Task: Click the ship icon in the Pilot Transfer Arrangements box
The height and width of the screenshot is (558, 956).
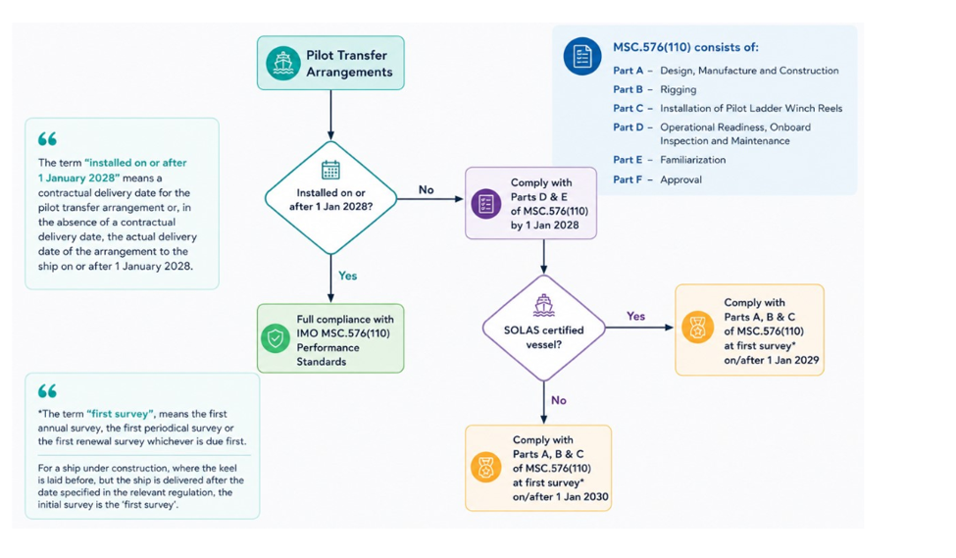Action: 283,64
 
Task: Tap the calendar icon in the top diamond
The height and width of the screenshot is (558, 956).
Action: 330,170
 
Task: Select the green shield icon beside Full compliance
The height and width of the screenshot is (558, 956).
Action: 276,338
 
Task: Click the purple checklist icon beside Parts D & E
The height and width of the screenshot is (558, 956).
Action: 486,204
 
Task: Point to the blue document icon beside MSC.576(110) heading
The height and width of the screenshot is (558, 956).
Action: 582,57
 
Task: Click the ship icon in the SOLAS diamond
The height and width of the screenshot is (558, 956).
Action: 543,305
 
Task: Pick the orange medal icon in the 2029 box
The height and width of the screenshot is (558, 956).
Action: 697,328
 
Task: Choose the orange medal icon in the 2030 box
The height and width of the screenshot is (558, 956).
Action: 486,468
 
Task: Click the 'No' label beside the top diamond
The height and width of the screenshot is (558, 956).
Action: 427,189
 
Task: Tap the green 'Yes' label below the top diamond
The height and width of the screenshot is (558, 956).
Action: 347,276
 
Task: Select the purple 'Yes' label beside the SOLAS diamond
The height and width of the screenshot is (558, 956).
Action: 636,316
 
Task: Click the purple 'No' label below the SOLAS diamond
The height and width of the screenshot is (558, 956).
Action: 559,400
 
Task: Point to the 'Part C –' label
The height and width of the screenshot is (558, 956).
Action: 632,108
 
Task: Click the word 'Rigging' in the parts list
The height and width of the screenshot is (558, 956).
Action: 678,89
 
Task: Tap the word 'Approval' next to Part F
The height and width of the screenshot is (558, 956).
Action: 681,179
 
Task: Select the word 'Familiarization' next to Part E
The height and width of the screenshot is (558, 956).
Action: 692,160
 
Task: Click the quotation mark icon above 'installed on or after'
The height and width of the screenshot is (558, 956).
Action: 47,139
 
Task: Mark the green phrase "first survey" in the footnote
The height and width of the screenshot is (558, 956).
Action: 120,414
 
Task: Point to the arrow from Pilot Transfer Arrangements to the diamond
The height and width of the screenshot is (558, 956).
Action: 330,116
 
